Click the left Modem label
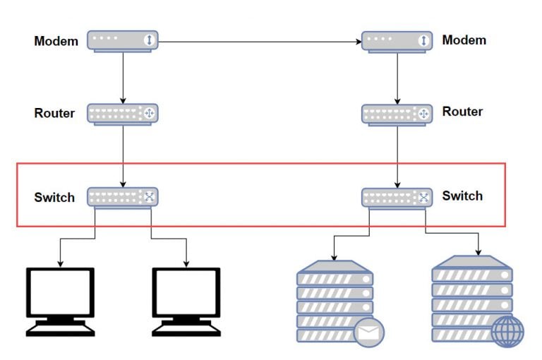click(x=56, y=41)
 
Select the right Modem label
click(x=464, y=40)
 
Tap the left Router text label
click(x=54, y=113)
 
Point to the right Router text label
click(x=462, y=112)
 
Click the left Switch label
click(x=54, y=198)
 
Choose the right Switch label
click(x=462, y=196)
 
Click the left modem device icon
click(x=123, y=40)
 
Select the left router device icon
click(x=123, y=113)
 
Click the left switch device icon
click(x=123, y=197)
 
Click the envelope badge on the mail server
click(x=368, y=332)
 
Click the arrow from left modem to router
click(x=124, y=76)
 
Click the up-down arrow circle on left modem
click(x=149, y=40)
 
